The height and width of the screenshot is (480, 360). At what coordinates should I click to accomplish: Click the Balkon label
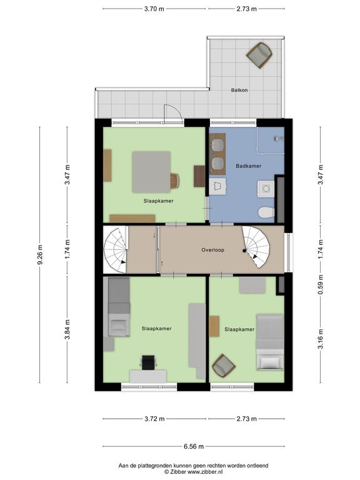(x=239, y=90)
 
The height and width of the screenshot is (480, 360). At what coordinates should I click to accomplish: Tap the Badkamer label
(x=249, y=166)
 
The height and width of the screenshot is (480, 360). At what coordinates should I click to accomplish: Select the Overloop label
(x=212, y=250)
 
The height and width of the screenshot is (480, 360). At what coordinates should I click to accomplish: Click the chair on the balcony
(x=259, y=56)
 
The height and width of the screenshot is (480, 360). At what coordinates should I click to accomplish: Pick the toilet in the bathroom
(x=266, y=212)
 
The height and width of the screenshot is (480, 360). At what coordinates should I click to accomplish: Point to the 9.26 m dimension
(x=40, y=255)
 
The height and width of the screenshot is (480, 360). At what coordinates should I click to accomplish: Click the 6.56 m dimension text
(x=194, y=446)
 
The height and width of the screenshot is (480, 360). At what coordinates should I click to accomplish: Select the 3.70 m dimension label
(x=154, y=9)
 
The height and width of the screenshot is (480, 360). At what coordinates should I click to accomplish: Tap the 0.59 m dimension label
(x=321, y=285)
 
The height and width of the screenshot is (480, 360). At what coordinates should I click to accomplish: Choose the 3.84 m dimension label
(x=67, y=329)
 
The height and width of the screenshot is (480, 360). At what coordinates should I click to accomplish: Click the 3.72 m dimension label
(x=154, y=419)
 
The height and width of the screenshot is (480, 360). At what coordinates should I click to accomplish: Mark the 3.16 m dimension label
(x=321, y=339)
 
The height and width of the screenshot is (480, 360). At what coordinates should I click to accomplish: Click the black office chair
(x=149, y=362)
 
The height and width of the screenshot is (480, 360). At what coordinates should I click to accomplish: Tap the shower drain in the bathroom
(x=277, y=139)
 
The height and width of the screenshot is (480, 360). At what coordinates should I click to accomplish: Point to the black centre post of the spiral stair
(x=244, y=251)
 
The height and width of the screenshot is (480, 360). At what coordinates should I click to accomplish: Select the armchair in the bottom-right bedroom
(x=224, y=366)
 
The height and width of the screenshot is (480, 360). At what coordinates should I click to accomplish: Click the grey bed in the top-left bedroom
(x=151, y=172)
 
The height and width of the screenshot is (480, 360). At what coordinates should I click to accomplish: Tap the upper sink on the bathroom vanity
(x=217, y=144)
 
